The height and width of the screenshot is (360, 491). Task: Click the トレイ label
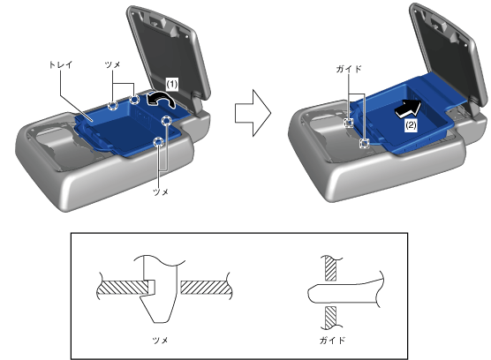tap(61, 64)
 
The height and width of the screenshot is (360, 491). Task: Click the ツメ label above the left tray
tap(112, 64)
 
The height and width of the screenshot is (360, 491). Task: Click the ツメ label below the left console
tap(161, 191)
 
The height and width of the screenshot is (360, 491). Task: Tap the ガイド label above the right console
tap(349, 69)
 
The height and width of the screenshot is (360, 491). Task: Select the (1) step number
tap(172, 84)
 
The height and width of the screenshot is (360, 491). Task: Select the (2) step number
tap(411, 125)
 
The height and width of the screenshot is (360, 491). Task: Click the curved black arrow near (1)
tap(161, 100)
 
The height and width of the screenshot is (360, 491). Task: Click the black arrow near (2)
tap(406, 109)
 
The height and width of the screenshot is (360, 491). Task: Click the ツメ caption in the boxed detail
tap(160, 340)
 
